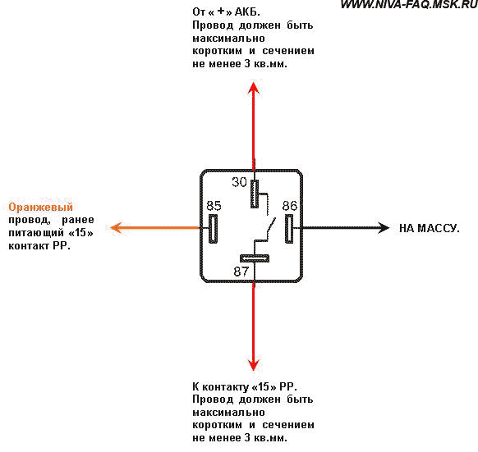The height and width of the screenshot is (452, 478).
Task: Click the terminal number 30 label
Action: pyautogui.click(x=239, y=182)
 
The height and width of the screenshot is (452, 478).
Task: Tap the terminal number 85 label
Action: pyautogui.click(x=214, y=206)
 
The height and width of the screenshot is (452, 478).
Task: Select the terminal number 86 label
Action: pyautogui.click(x=290, y=206)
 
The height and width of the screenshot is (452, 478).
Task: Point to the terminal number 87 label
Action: pyautogui.click(x=241, y=271)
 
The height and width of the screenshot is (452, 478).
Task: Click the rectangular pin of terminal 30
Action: pyautogui.click(x=255, y=194)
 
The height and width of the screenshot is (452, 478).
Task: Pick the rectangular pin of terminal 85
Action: pyautogui.click(x=213, y=228)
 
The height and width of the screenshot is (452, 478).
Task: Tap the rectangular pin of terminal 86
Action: pyautogui.click(x=289, y=228)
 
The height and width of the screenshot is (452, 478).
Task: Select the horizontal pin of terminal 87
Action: pyautogui.click(x=255, y=258)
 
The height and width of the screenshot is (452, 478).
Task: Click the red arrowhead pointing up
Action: pyautogui.click(x=253, y=89)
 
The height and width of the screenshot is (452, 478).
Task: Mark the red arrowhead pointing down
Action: pyautogui.click(x=253, y=364)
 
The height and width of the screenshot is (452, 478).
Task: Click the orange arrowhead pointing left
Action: pyautogui.click(x=117, y=228)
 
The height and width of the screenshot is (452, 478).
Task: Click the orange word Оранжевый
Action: pyautogui.click(x=40, y=207)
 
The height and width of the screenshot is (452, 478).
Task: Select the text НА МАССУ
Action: pyautogui.click(x=430, y=228)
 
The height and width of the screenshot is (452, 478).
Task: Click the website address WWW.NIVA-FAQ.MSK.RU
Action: pyautogui.click(x=409, y=4)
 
